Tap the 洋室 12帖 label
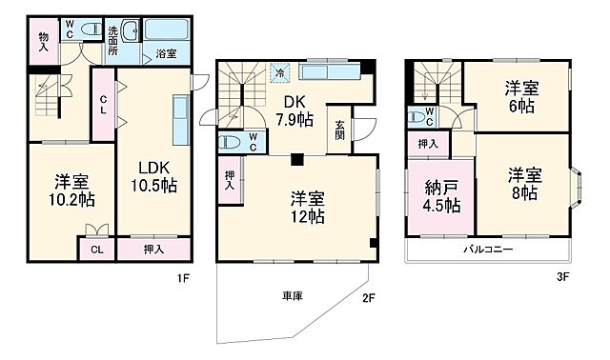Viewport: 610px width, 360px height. (308, 207)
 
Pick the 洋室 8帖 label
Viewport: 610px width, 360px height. (521, 185)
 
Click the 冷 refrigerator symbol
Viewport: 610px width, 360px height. (279, 70)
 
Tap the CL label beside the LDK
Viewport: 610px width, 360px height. (103, 108)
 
